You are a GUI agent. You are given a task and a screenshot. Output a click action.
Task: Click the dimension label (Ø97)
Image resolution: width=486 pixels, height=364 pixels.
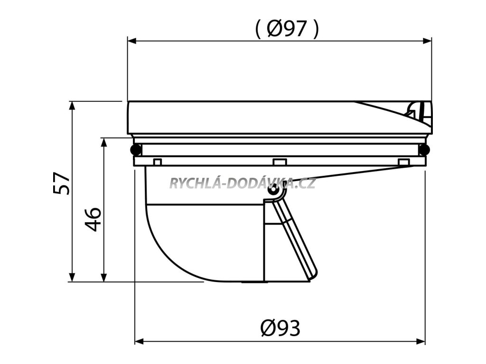[x=287, y=30]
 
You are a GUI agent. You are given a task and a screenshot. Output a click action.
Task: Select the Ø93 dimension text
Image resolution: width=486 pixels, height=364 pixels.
[x=280, y=328]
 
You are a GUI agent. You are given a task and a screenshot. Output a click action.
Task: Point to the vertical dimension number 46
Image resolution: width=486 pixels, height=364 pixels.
[x=93, y=218]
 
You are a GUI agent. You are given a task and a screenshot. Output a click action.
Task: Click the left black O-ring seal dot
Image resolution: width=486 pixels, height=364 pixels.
[x=135, y=150]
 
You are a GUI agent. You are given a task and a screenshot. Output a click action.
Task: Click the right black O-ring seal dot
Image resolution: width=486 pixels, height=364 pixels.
[x=424, y=150]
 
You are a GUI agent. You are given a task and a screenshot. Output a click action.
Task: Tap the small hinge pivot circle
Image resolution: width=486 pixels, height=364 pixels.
[x=272, y=190]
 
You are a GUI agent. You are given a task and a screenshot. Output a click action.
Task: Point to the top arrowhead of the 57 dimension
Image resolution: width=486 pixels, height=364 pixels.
[x=72, y=106]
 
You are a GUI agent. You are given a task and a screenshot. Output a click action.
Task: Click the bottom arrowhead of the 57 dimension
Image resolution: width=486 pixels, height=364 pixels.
[x=72, y=277]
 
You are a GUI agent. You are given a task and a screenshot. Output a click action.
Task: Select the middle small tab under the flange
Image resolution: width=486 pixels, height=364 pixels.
[x=280, y=162]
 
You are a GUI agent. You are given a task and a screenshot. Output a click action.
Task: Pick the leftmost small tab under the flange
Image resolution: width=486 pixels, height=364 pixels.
[x=158, y=162]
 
